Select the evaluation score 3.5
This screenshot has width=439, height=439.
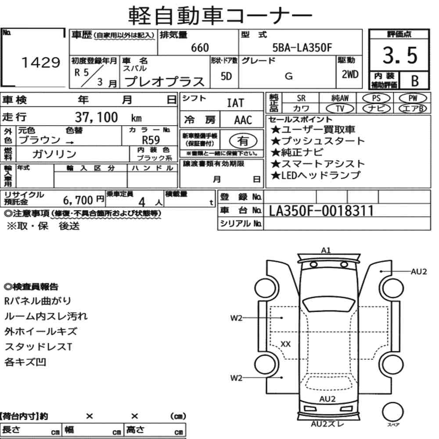(399, 56)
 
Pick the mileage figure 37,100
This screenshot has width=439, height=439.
(97, 117)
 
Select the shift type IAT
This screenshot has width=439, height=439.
(235, 104)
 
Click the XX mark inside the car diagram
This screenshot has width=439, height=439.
(285, 344)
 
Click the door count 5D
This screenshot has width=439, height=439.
(227, 76)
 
